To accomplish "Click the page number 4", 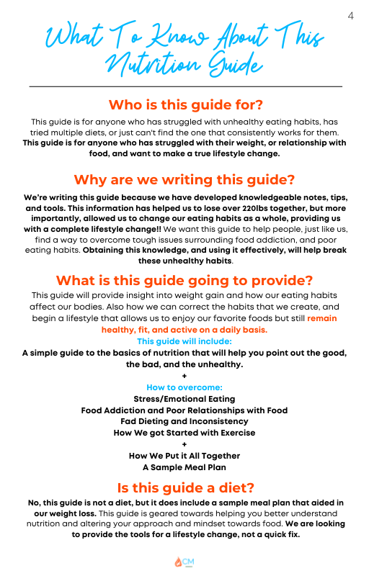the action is (351, 16).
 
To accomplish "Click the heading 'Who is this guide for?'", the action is (184, 104).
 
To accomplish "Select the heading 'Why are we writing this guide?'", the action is (184, 179).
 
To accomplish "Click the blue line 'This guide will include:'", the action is (184, 341).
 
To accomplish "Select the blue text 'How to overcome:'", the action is (184, 387).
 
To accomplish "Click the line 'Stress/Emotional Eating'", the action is (184, 399).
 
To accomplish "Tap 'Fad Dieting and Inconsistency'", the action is (184, 421).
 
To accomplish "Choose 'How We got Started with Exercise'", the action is (184, 433).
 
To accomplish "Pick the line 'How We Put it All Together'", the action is (184, 456).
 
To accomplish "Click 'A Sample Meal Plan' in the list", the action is (184, 467).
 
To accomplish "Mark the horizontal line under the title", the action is (184, 86).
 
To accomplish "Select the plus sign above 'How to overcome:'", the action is (184, 376).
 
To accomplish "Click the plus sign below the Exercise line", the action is (184, 444).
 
